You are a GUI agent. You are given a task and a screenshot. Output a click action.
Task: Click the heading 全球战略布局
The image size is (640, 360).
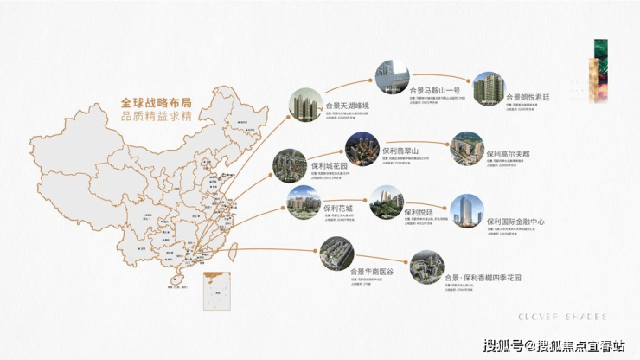click(144, 103)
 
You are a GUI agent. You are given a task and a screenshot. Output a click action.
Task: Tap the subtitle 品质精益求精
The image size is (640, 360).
click(144, 116)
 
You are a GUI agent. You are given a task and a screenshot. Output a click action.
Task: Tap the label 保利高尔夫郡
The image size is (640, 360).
click(509, 154)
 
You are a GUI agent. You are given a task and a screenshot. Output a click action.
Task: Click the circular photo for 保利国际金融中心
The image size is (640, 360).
click(467, 212)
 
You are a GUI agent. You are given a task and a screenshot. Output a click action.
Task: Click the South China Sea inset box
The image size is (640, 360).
click(215, 292)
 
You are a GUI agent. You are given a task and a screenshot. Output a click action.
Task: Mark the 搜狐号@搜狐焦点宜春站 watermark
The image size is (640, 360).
click(553, 345)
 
